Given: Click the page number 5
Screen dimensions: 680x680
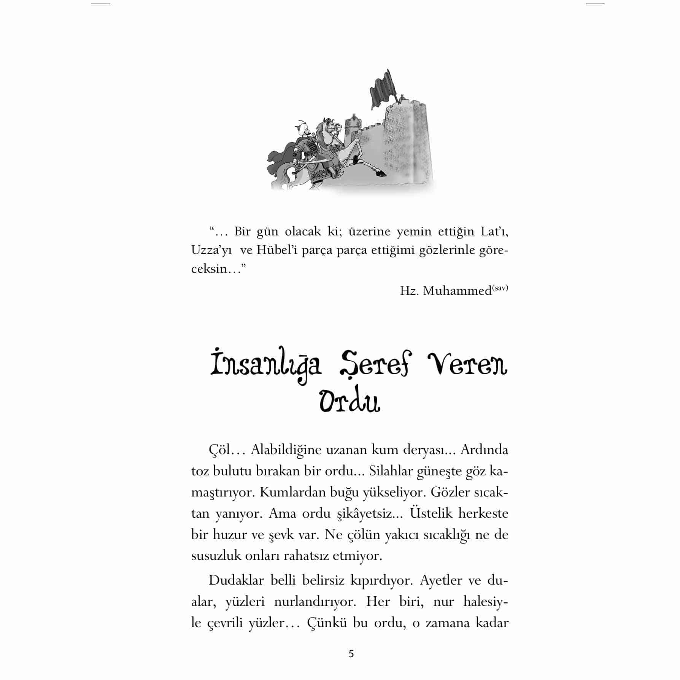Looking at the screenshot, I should point(351,653).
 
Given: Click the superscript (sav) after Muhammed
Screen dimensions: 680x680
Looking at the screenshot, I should point(500,288).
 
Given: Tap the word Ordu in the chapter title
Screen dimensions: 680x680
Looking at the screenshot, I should point(350,401).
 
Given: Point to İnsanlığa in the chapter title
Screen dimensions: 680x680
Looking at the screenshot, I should point(266,365).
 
